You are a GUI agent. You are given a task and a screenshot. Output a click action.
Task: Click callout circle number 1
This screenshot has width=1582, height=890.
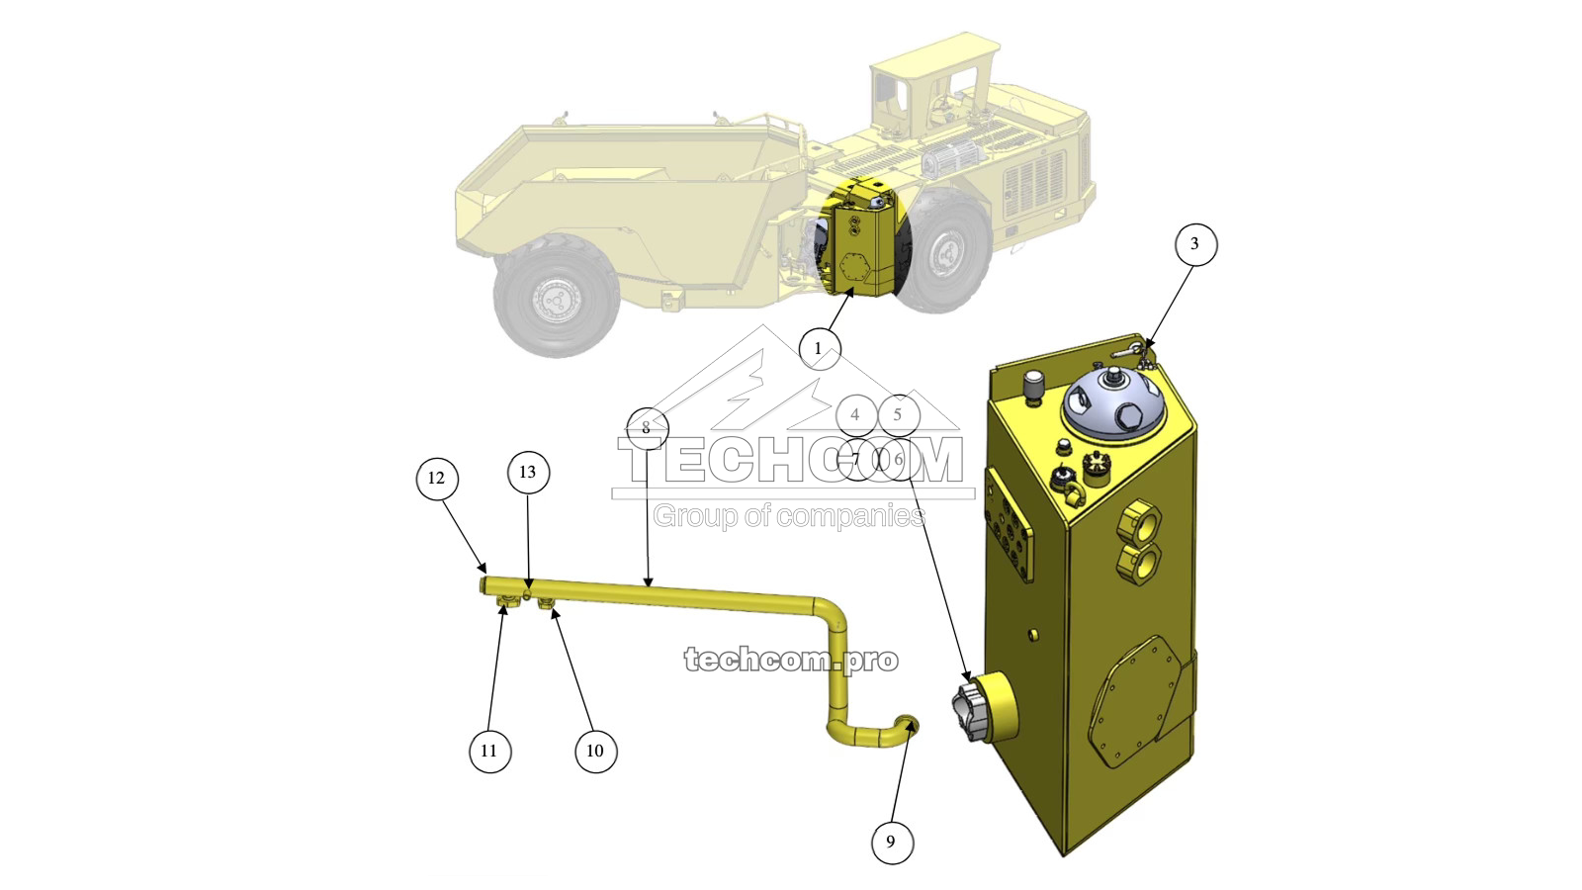pos(819,349)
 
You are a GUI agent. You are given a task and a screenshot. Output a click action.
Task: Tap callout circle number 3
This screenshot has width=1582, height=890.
pos(1194,244)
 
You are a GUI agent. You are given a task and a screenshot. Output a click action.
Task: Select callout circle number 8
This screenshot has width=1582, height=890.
pos(647,428)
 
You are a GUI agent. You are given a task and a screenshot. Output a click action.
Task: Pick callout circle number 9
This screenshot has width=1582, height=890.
pos(891,842)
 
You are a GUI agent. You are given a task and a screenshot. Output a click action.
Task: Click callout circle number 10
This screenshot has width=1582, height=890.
pos(595,751)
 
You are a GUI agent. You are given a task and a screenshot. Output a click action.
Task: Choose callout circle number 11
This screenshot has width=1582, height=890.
pos(489,751)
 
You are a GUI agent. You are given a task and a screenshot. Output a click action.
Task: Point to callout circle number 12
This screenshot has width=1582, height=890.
pos(437,479)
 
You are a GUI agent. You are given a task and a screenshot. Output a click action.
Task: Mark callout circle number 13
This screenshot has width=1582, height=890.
pos(528,473)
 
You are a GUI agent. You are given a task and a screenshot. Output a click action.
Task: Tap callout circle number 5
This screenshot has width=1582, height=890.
pos(898,415)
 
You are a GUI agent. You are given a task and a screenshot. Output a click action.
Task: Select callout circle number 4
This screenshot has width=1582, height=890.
pos(856,415)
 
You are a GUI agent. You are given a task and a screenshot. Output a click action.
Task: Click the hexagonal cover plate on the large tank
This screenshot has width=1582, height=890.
pos(1132,708)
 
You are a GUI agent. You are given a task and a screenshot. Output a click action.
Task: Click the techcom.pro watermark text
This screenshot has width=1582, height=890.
pos(791,660)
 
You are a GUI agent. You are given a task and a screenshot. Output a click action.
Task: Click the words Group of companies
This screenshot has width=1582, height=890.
pos(789,515)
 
